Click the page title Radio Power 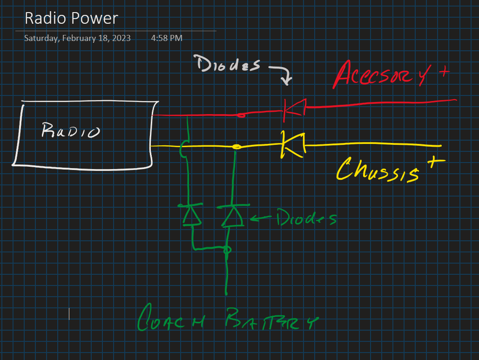71,18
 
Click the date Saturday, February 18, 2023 77,38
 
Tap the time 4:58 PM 167,38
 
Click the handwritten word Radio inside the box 70,130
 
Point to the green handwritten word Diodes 306,218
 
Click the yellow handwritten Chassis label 377,170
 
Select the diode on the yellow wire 292,145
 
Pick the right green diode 231,215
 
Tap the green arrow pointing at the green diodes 261,217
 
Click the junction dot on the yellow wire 236,147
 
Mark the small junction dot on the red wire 241,115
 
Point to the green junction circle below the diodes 227,251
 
